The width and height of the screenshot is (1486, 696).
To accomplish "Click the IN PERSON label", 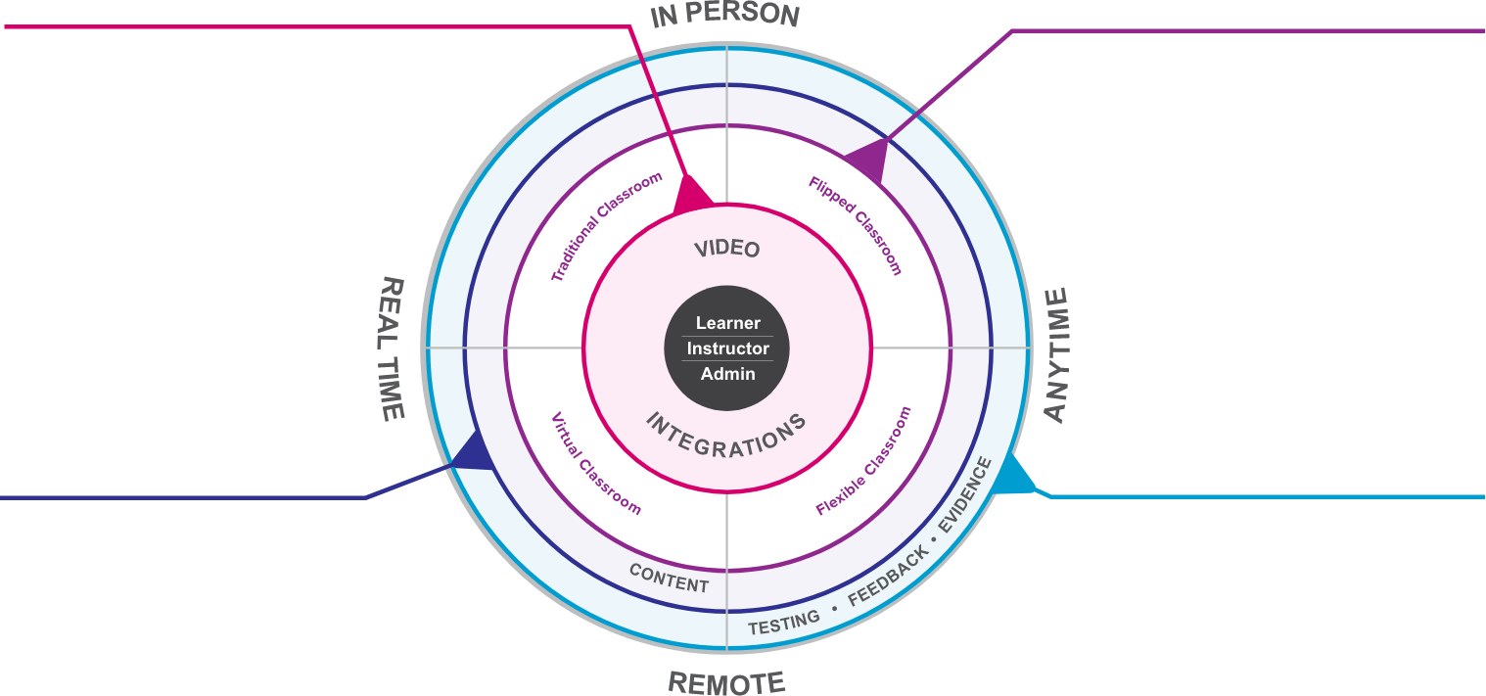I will click(725, 16).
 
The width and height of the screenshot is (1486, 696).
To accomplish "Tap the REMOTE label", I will click(725, 681).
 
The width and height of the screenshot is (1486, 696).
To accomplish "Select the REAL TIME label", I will click(392, 348).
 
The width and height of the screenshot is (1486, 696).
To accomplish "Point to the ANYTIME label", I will click(1057, 354).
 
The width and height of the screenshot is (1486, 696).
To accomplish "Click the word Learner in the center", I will click(727, 323).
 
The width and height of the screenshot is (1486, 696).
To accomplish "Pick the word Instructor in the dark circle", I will click(727, 348).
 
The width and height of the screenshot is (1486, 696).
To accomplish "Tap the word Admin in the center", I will click(727, 374).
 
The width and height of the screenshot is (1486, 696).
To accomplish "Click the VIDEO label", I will click(726, 249).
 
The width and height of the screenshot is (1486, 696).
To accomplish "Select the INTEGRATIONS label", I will click(726, 434).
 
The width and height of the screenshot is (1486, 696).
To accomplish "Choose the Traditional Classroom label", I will click(606, 227).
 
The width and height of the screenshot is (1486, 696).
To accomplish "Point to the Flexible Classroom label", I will click(863, 460).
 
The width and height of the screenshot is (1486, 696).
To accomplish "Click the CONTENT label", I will click(669, 579).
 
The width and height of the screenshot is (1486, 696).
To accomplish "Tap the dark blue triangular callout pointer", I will click(472, 454).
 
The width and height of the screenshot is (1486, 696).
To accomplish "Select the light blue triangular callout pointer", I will click(1016, 477).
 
